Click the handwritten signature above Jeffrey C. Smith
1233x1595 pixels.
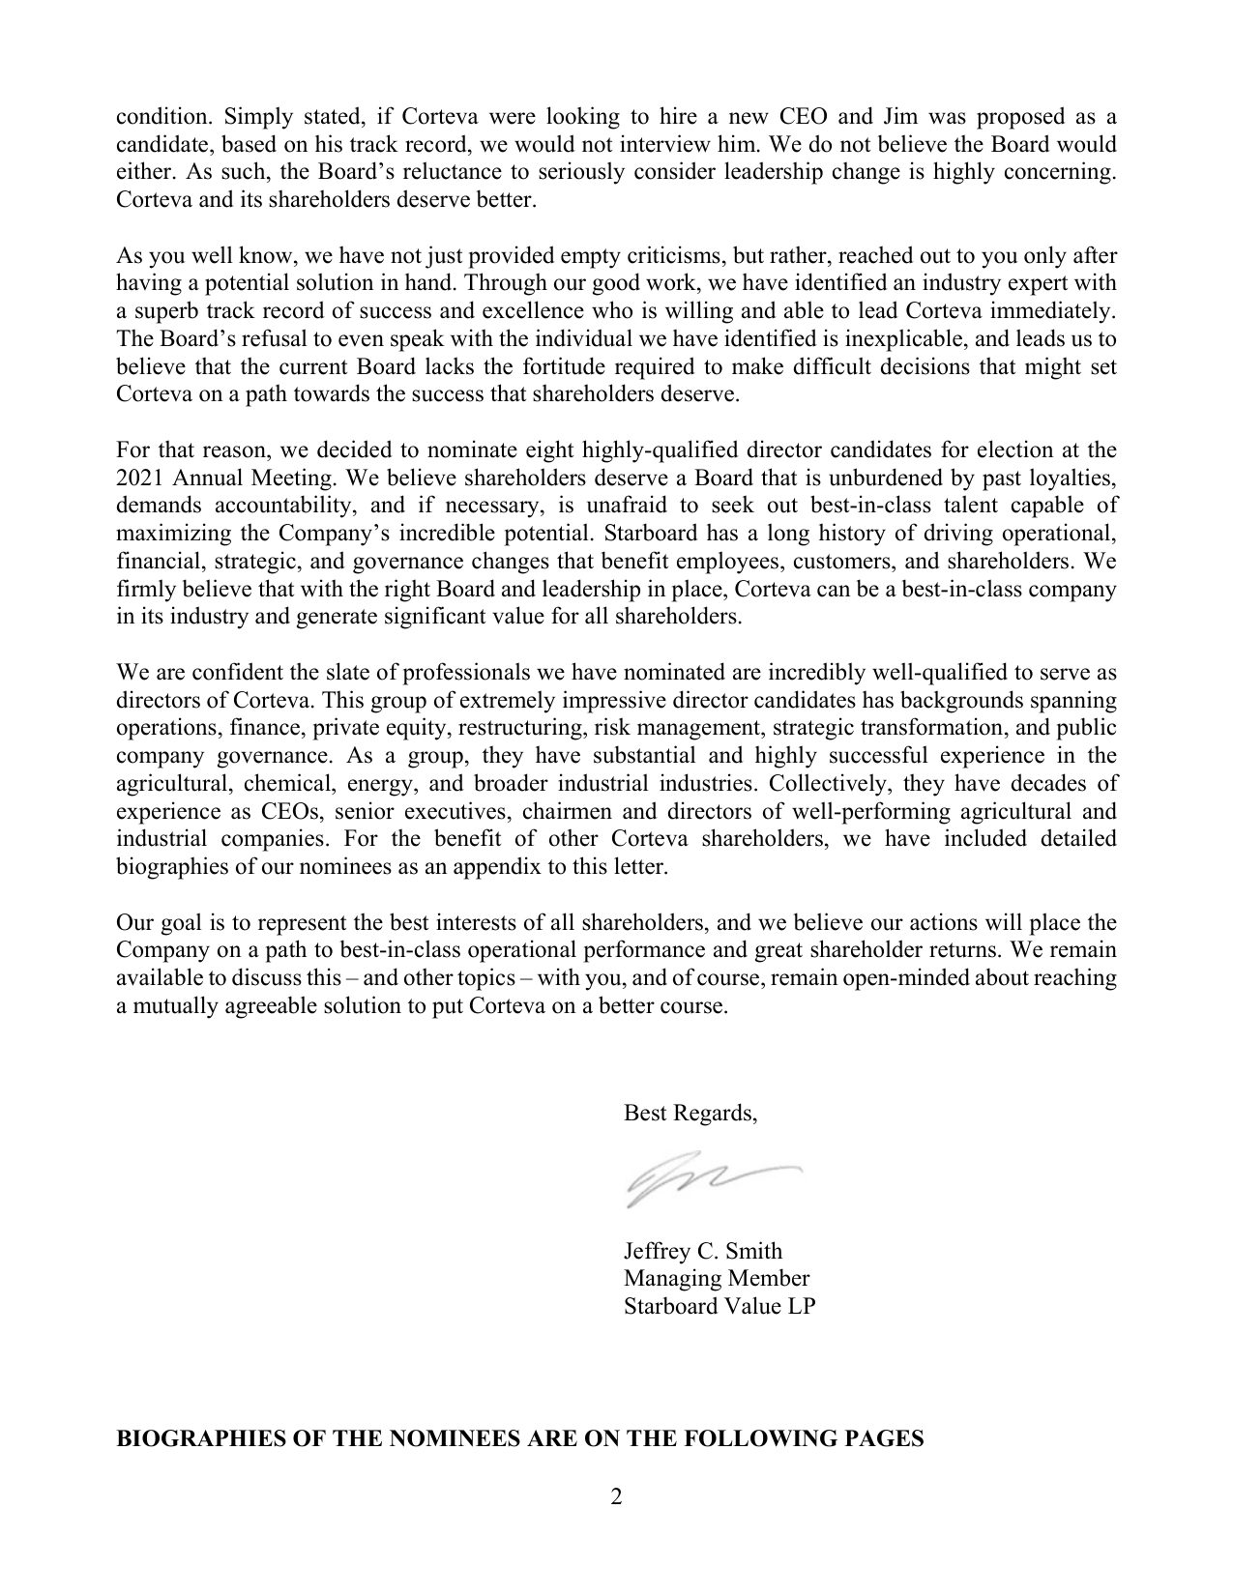point(711,1182)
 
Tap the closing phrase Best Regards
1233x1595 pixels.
point(690,1113)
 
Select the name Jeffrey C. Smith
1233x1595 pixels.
point(702,1251)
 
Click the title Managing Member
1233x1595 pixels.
point(716,1278)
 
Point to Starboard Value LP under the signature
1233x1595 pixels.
point(719,1306)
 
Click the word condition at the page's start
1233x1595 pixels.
point(161,118)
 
